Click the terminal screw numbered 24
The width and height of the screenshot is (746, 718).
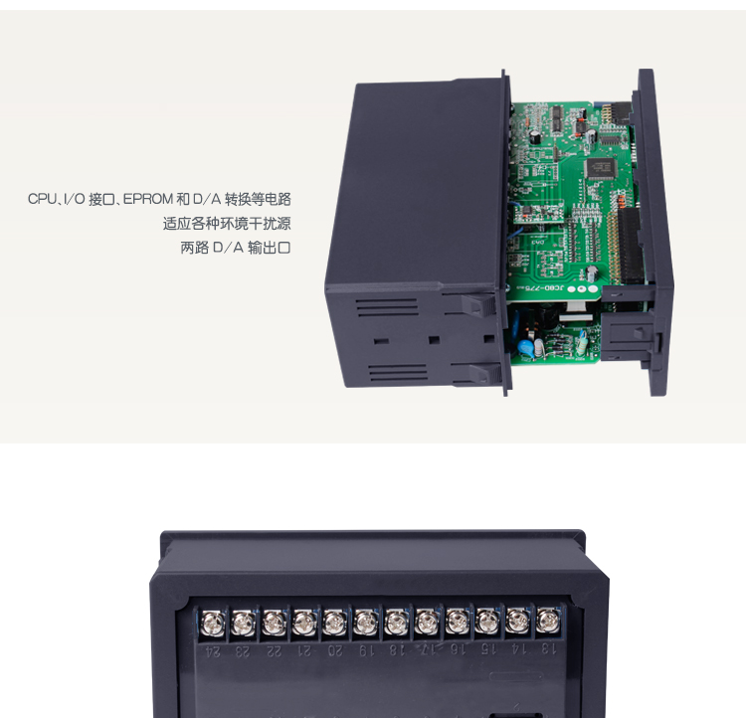pos(213,623)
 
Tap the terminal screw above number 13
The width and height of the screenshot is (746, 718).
pos(548,622)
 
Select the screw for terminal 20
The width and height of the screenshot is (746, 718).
pos(335,623)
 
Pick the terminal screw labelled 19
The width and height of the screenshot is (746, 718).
pos(366,623)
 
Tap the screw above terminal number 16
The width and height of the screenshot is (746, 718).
pos(458,623)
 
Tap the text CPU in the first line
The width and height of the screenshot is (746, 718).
pos(42,200)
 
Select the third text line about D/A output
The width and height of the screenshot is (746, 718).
pos(235,248)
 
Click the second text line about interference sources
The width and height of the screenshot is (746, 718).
pos(227,224)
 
